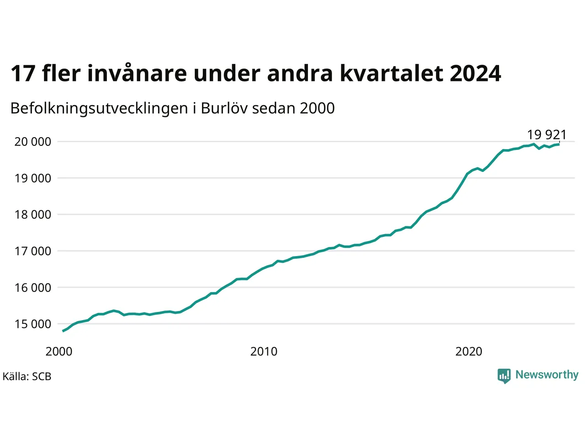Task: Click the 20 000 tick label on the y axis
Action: (32, 142)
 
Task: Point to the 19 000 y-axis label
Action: (32, 178)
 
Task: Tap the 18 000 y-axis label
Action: (32, 214)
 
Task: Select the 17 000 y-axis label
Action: (32, 251)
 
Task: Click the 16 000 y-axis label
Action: (32, 288)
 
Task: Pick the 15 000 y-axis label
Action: (32, 324)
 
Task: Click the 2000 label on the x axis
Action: (59, 352)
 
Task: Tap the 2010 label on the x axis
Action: (264, 352)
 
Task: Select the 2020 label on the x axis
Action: (469, 352)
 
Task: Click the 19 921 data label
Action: (547, 134)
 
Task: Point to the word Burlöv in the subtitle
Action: (224, 108)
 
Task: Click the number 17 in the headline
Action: (23, 74)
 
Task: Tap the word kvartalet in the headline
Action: (392, 73)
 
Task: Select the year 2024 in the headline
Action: (475, 74)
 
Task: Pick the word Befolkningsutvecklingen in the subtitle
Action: (99, 109)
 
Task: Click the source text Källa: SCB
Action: (27, 376)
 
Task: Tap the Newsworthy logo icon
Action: (504, 376)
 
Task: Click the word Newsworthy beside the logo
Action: (547, 375)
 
